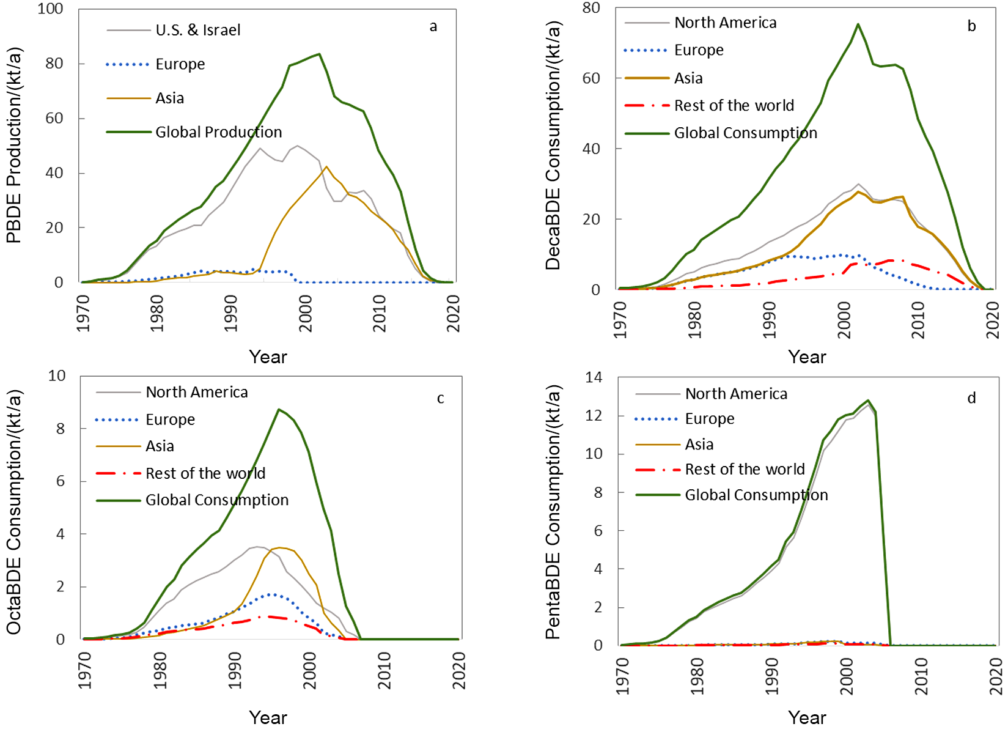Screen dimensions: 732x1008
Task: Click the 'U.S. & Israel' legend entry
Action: click(x=197, y=30)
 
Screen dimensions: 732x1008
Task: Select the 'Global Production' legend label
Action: click(x=218, y=132)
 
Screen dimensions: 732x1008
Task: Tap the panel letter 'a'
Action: click(x=433, y=26)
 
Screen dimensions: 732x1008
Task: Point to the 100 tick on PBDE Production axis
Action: click(x=50, y=9)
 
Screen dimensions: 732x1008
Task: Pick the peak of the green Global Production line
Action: click(x=319, y=54)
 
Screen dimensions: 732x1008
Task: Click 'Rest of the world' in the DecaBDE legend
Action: click(x=734, y=106)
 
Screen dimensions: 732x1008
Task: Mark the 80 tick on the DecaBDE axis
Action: click(x=591, y=8)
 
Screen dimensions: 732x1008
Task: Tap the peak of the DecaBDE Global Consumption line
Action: click(x=858, y=24)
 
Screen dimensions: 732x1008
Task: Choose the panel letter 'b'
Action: click(x=971, y=26)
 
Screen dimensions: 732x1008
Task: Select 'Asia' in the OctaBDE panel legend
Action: click(x=160, y=446)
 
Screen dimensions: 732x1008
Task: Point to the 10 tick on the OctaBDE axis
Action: click(x=57, y=375)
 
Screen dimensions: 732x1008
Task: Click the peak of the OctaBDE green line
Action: click(x=279, y=410)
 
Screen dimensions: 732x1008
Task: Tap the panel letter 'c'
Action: click(x=440, y=399)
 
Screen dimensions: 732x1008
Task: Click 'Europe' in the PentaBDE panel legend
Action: click(x=709, y=419)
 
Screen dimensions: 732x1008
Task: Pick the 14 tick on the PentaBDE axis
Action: click(x=594, y=377)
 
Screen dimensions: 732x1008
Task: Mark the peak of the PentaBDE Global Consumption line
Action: click(x=868, y=401)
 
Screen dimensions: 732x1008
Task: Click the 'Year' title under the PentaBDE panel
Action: click(x=807, y=717)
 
